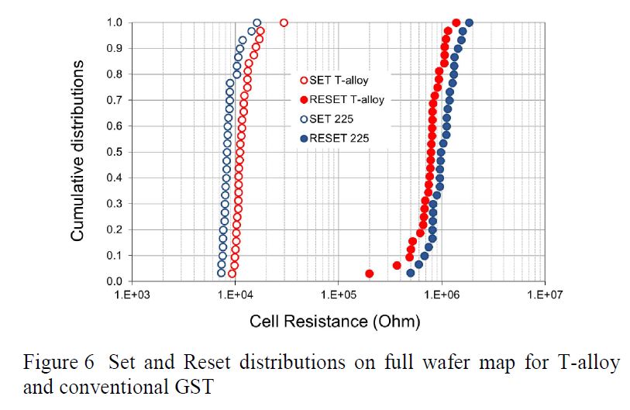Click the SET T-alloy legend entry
coord(338,80)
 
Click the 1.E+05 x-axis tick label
coord(337,295)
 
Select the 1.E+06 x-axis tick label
coord(441,295)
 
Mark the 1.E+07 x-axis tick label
coord(543,295)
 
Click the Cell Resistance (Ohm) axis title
coord(335,321)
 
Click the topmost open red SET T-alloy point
coord(284,22)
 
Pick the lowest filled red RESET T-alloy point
coord(370,273)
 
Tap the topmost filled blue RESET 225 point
coord(469,22)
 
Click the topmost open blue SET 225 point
coord(256,22)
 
